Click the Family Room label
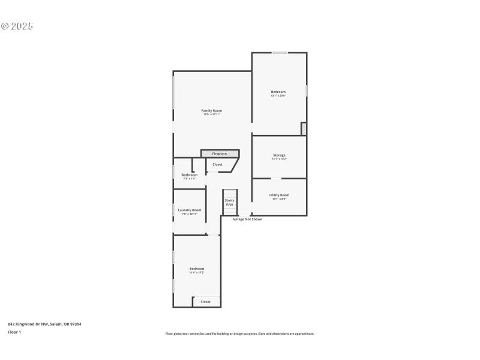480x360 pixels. (x=211, y=110)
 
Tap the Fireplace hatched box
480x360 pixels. (x=220, y=154)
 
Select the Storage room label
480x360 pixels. (x=279, y=155)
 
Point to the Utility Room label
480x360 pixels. (x=279, y=195)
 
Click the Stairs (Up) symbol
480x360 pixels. (x=229, y=202)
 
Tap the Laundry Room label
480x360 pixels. (x=189, y=210)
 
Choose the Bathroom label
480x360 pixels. (x=189, y=175)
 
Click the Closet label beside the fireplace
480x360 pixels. (x=217, y=164)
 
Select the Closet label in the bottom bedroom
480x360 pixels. (x=205, y=302)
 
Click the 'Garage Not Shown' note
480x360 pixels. (x=247, y=219)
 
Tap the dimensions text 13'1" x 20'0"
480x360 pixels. (x=278, y=95)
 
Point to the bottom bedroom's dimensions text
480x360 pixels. (x=197, y=272)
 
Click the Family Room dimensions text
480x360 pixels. (x=211, y=114)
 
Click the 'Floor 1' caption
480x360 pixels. (x=14, y=332)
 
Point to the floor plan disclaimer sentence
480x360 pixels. (x=240, y=334)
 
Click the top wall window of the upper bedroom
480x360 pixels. (x=280, y=53)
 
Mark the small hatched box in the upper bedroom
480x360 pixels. (x=304, y=128)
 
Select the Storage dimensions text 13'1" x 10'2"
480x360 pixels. (x=279, y=159)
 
